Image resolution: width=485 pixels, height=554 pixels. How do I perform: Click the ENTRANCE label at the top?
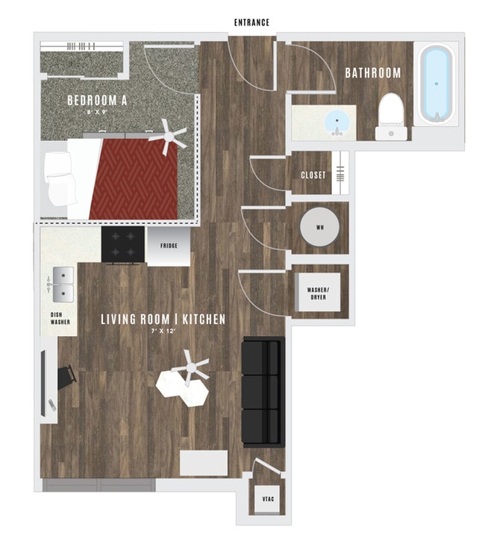point(251,22)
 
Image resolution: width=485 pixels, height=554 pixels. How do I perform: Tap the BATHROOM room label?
point(372,73)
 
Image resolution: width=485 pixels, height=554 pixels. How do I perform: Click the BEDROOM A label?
point(96,100)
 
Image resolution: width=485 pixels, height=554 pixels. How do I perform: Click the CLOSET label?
point(313,175)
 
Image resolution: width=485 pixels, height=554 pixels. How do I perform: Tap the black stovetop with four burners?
point(123,246)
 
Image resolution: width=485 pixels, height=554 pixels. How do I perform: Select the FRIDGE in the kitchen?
point(168,246)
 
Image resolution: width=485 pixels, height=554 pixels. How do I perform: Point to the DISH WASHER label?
point(60,320)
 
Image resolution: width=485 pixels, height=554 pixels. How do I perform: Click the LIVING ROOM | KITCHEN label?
point(163,320)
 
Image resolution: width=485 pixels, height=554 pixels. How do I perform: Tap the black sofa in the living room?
point(263,390)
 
